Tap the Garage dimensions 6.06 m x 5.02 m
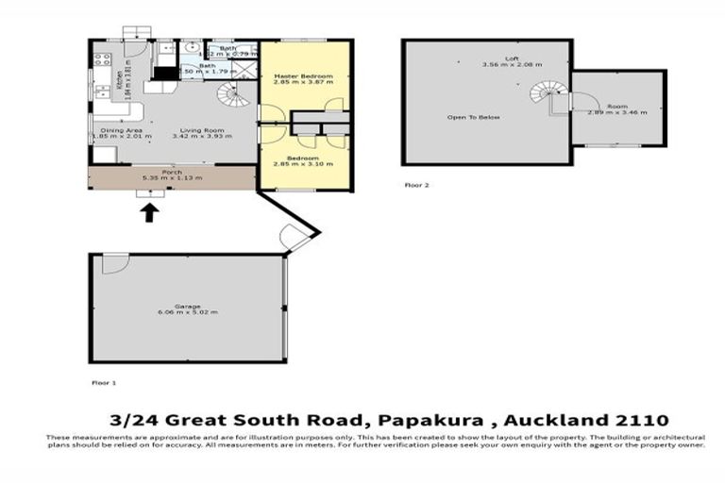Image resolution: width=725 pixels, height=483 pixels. (x=188, y=311)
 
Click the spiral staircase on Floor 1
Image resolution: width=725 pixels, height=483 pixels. (x=230, y=95)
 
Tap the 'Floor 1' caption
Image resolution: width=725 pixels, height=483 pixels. (x=103, y=383)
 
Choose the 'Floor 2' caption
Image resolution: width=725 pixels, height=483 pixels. (x=416, y=185)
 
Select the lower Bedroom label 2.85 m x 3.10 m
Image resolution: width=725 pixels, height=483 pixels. (x=303, y=161)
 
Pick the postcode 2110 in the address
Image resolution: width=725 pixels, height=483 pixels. (x=639, y=419)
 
